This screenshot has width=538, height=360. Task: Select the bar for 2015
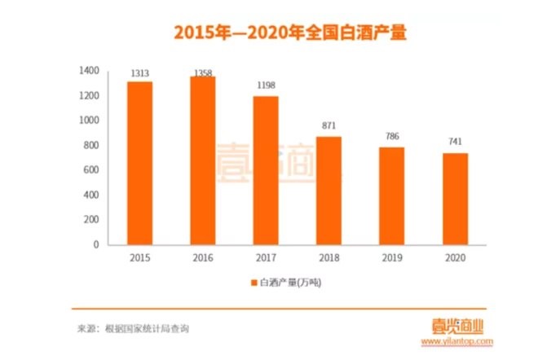coord(139,163)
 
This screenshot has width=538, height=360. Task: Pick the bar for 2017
coord(266,170)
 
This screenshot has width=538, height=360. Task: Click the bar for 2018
coord(329,191)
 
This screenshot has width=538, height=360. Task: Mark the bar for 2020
coord(455,199)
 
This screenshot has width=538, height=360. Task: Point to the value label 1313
coord(139,73)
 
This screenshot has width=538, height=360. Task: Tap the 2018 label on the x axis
coord(329,257)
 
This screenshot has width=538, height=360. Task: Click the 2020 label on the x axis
coord(455,257)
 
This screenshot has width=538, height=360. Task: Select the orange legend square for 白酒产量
coord(254,282)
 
